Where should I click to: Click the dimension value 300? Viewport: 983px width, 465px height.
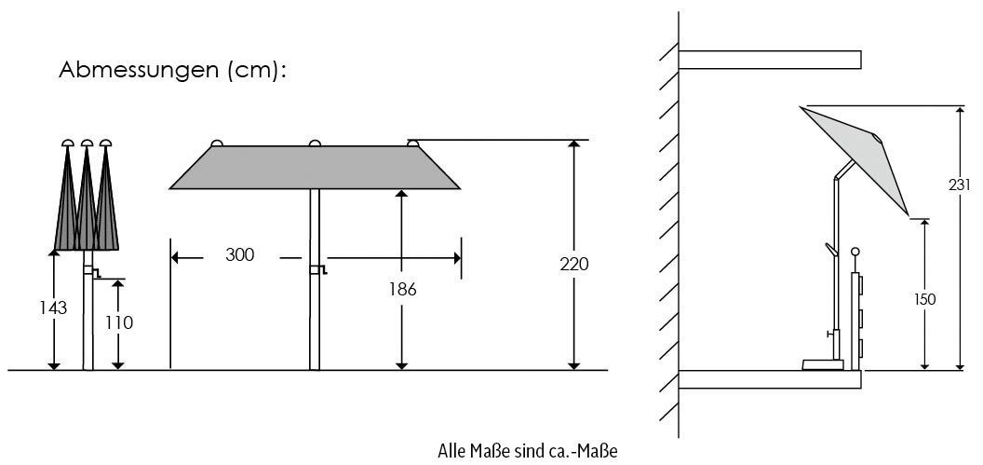[x=240, y=255]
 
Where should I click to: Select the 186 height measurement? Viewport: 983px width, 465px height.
[x=402, y=289]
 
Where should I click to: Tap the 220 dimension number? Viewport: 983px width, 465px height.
[x=575, y=264]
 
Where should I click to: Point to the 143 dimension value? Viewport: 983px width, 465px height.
[x=54, y=308]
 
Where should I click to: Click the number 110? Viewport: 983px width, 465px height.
[x=119, y=323]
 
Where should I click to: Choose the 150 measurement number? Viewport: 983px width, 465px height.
[x=924, y=299]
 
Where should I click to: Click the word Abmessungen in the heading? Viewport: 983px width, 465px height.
[x=138, y=71]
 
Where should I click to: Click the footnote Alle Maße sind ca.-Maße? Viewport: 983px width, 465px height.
[x=527, y=452]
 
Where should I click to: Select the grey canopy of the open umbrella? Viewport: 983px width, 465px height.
[x=315, y=168]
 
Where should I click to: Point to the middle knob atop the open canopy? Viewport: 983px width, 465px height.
[x=315, y=143]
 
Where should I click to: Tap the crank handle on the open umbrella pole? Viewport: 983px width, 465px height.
[x=318, y=270]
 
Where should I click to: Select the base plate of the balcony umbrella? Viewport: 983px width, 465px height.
[x=824, y=364]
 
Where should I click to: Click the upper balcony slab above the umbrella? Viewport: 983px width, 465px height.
[x=769, y=60]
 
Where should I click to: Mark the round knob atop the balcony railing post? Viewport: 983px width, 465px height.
[x=855, y=252]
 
